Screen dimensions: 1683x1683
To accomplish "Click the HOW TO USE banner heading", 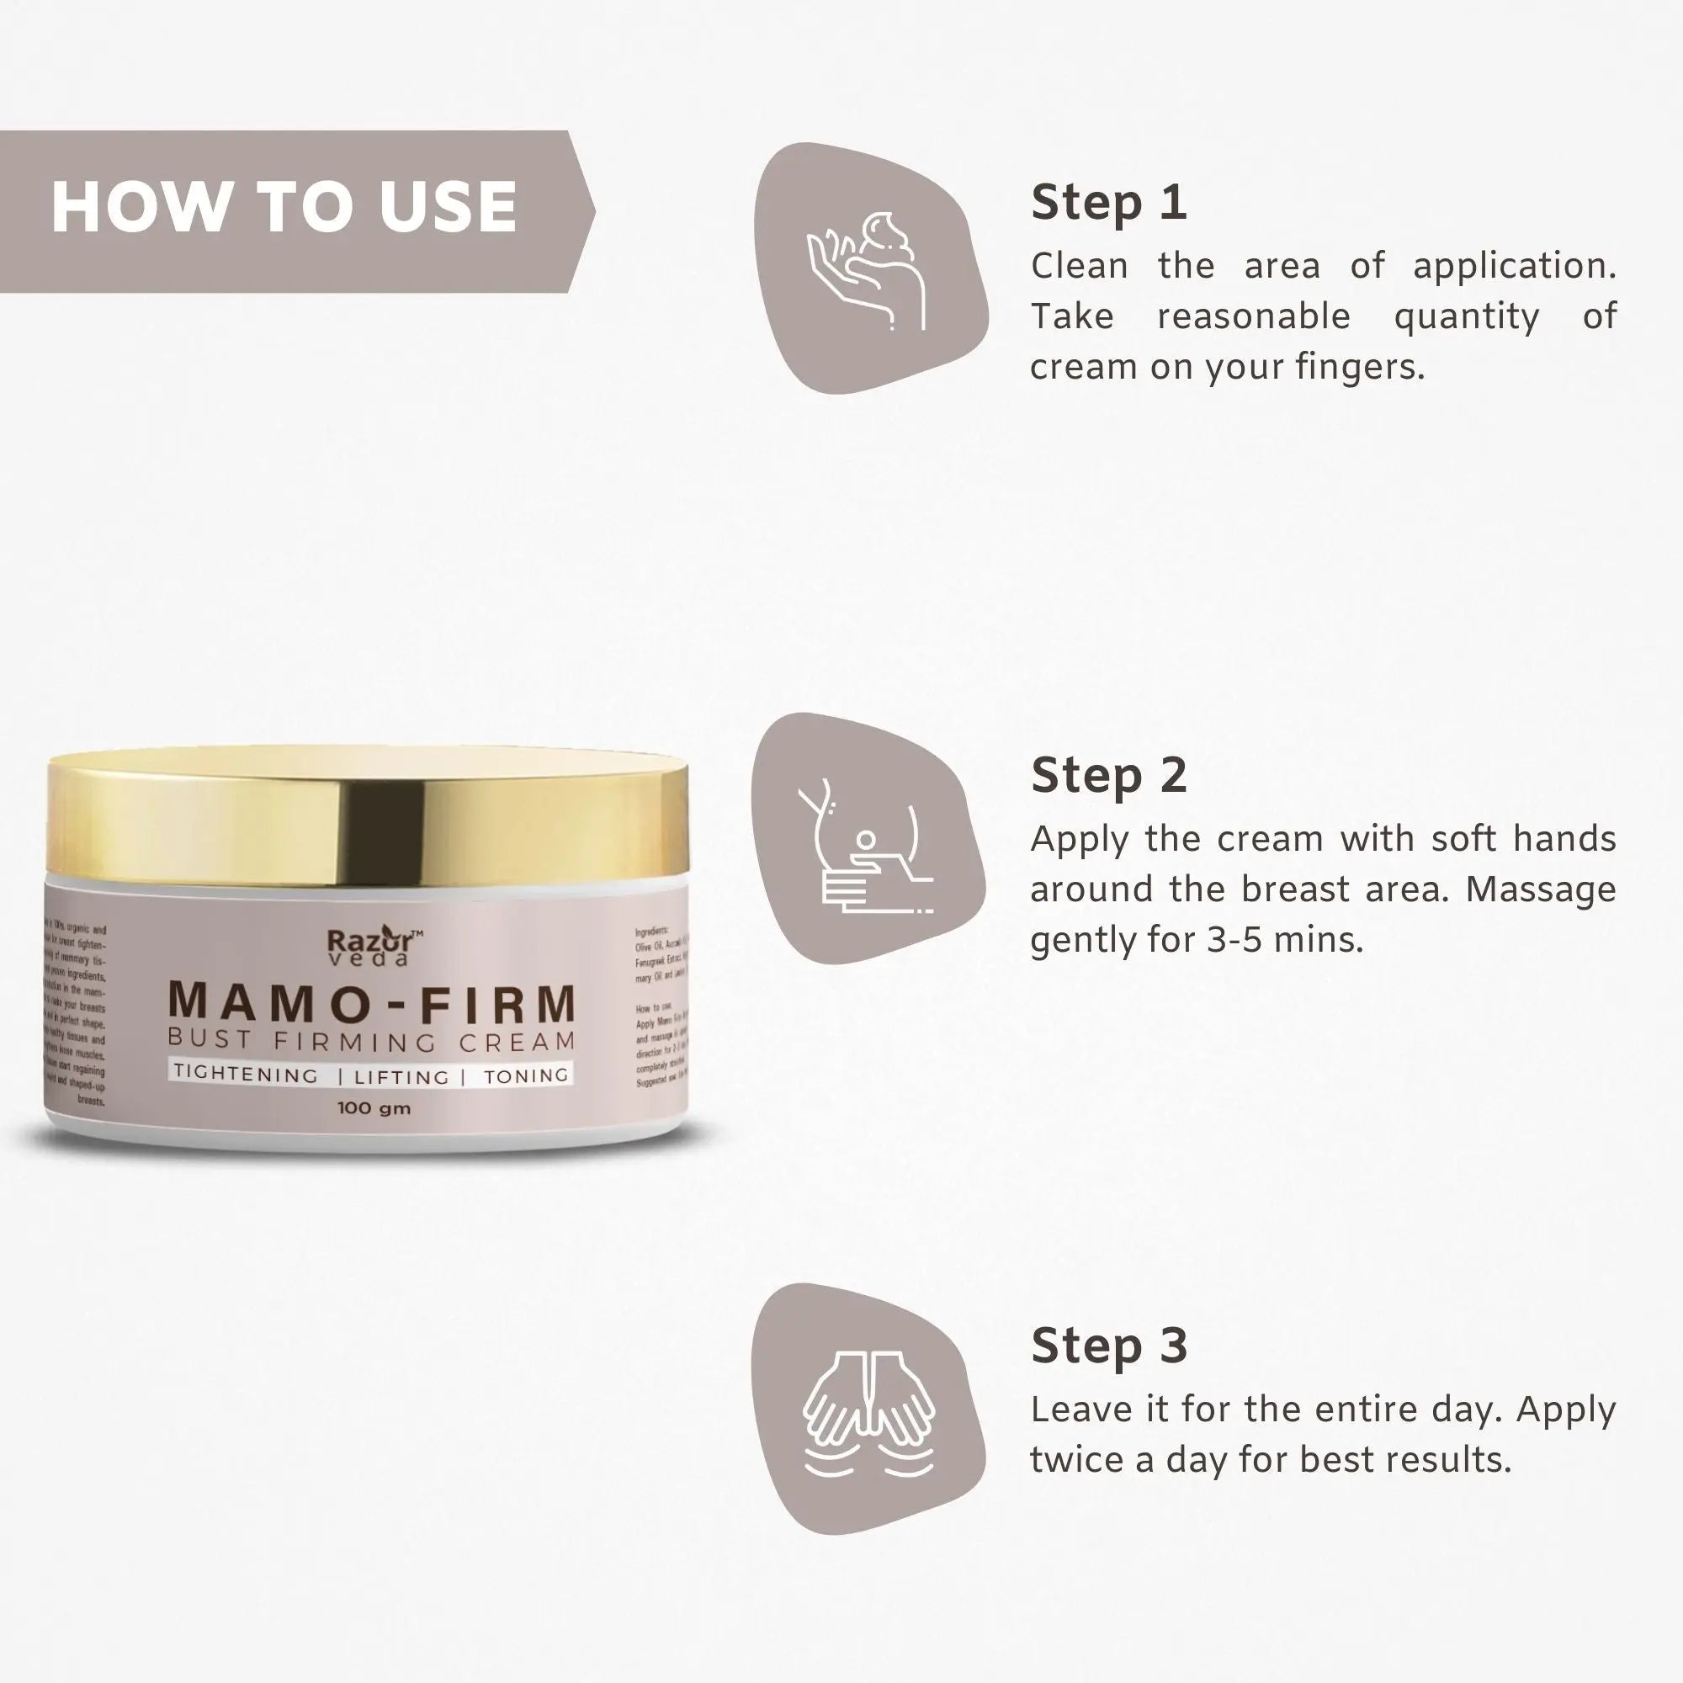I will (x=284, y=207).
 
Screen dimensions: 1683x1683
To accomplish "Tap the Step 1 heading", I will (x=1108, y=203).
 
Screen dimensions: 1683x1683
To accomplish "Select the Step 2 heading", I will (x=1108, y=775).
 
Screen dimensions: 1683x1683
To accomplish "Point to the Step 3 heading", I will (x=1108, y=1346).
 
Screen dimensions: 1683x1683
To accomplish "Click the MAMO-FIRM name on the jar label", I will (x=372, y=1003).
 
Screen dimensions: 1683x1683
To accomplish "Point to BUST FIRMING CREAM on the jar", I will (x=372, y=1041).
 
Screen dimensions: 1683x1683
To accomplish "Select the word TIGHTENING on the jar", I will (x=246, y=1074).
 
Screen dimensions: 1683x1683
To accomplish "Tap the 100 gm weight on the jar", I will (x=374, y=1109).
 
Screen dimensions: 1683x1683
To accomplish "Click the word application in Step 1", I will (x=1513, y=267).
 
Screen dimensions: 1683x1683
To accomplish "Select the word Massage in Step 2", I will (x=1540, y=889).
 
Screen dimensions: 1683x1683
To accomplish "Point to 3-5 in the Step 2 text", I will (x=1234, y=940).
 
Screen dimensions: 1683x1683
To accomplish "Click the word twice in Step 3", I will (x=1077, y=1460).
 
